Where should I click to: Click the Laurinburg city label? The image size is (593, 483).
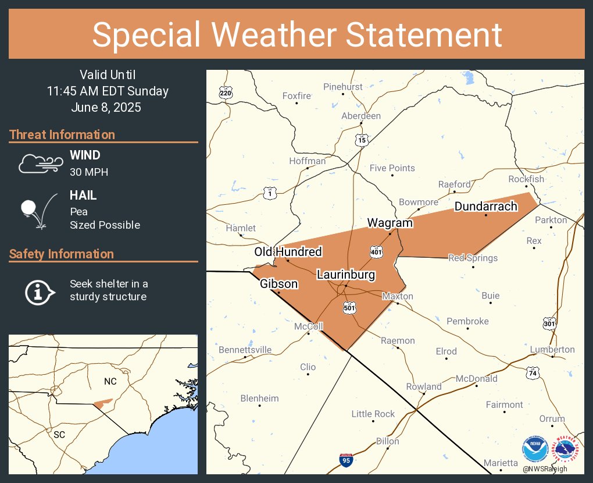point(346,275)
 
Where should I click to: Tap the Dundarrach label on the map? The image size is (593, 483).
point(485,207)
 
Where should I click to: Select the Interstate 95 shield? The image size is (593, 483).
point(346,460)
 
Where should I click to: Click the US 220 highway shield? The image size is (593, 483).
point(226,93)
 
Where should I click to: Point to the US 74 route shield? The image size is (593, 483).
point(533,373)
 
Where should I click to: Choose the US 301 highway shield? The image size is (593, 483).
point(549,322)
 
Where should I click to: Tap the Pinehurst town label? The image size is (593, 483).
point(343,87)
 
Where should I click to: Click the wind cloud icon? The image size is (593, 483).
point(40,164)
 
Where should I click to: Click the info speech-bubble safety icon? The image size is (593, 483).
point(40,291)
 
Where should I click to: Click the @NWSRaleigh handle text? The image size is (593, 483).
point(544,469)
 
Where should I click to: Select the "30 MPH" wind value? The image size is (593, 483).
point(89,172)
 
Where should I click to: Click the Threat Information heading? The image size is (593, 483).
point(62,135)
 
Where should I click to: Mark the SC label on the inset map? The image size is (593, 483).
point(59,434)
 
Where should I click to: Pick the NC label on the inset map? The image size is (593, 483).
point(110,381)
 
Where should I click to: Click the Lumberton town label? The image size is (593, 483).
point(552,350)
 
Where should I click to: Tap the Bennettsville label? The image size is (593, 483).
point(245,350)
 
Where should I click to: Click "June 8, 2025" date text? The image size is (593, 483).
point(107,108)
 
